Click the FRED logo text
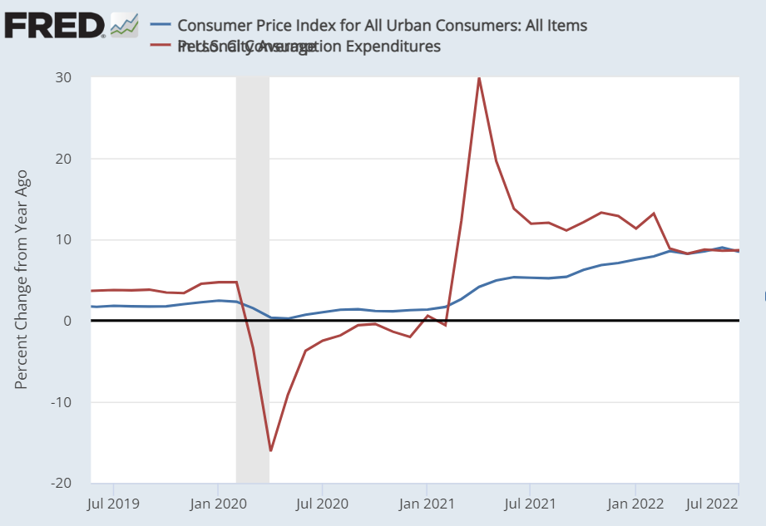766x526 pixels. pos(53,26)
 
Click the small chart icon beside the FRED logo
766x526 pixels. pos(124,25)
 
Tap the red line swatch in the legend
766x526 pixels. pos(161,47)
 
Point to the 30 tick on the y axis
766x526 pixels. pos(63,77)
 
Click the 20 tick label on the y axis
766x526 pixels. pos(63,159)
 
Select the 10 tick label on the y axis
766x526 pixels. pos(63,240)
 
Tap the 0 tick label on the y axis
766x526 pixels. pos(67,321)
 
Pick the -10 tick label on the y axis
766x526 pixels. pos(61,402)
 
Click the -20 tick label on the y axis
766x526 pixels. pos(61,483)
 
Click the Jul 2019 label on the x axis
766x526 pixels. pos(114,503)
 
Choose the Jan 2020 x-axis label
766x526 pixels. pos(217,503)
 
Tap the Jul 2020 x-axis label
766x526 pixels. pos(322,503)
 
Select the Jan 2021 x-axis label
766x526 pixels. pos(426,503)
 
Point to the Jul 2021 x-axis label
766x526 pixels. pos(530,503)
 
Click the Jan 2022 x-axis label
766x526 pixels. pos(635,503)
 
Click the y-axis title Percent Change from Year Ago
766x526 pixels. pos(22,279)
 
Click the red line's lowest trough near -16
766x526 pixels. pos(270,450)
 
